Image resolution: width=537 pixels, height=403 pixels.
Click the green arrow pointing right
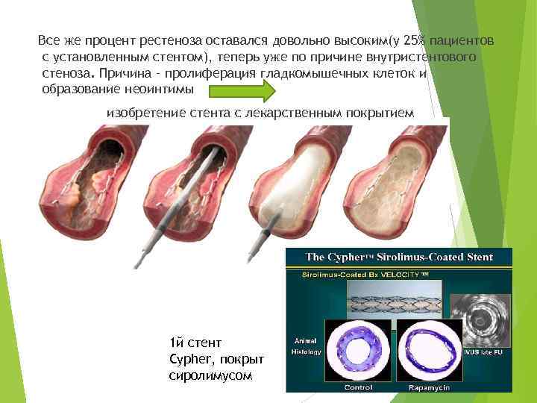tap(242, 91)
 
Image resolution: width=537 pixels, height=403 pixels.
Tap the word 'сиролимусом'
tap(211, 375)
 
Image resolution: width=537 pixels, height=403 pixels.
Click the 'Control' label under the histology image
tap(358, 387)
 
